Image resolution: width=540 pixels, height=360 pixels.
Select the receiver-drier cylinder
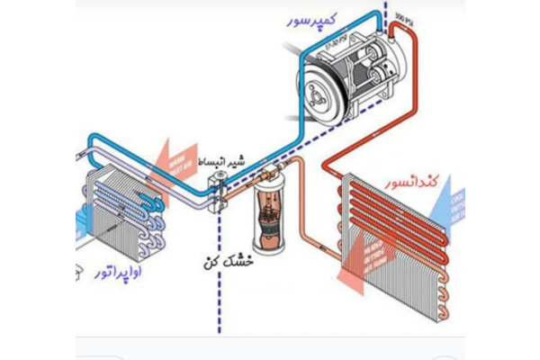click(x=266, y=216)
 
